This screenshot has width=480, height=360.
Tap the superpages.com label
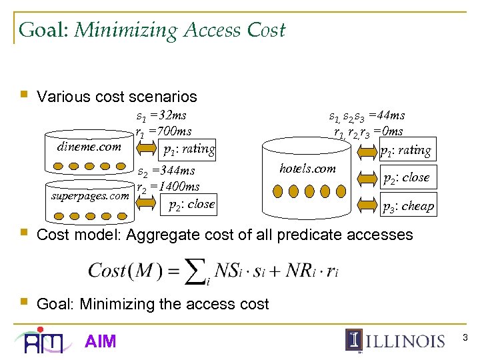(x=90, y=197)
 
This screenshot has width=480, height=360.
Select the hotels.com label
(x=307, y=169)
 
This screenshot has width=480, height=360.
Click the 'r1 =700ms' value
(x=164, y=131)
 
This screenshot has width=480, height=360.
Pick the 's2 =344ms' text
(x=166, y=172)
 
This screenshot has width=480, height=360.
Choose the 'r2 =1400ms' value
(x=167, y=187)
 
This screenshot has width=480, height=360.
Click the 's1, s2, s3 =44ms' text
(x=366, y=116)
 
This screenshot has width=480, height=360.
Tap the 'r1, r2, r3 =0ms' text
(x=368, y=131)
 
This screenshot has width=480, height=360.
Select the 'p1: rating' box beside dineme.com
(x=189, y=149)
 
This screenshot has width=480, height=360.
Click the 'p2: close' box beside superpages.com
(x=191, y=205)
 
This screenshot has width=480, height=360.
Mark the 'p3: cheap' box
(x=407, y=207)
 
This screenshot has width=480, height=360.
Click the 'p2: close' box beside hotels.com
(x=406, y=178)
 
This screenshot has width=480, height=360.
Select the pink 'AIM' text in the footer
(x=101, y=341)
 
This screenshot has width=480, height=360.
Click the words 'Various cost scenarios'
(x=117, y=97)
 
